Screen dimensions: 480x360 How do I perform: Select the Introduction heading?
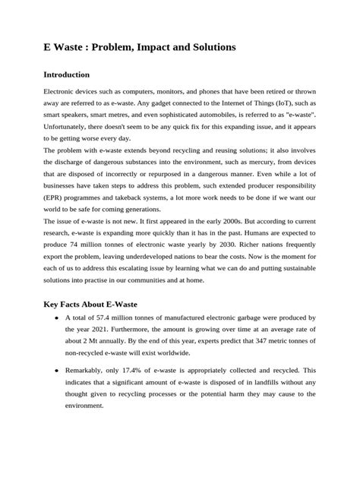click(x=77, y=75)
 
